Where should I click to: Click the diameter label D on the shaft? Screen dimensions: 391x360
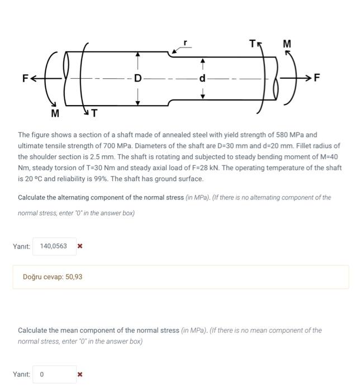point(138,77)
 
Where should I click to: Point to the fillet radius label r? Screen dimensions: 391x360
point(186,43)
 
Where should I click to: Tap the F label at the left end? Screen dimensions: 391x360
point(25,78)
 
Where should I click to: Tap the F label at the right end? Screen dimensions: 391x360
point(317,78)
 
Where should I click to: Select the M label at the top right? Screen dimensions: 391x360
point(287,44)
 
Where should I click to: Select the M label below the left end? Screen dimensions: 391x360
point(55,113)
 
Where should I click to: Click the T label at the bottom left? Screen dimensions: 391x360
point(94,113)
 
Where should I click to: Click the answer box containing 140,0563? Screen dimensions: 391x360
point(54,246)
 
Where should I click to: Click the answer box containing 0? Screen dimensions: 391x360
point(54,374)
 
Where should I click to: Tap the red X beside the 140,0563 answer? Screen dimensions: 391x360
point(80,246)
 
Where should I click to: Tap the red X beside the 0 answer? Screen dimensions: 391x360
point(80,374)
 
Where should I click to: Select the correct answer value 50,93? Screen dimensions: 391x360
point(74,276)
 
